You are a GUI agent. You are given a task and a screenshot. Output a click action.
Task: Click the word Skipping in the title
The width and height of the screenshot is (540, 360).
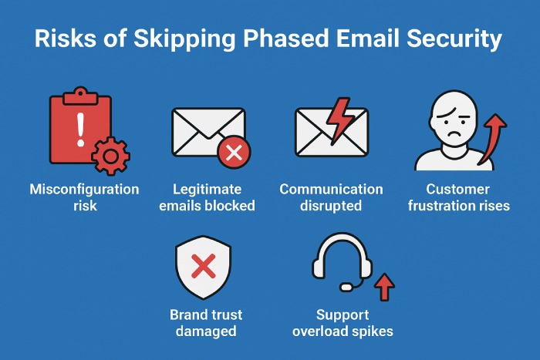click(184, 39)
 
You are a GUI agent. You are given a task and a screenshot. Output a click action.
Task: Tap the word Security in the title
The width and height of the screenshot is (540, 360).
click(454, 39)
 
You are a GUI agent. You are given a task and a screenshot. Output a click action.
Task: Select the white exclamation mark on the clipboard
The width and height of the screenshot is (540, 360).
click(80, 130)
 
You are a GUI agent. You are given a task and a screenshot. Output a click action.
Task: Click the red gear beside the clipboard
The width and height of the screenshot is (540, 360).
click(110, 156)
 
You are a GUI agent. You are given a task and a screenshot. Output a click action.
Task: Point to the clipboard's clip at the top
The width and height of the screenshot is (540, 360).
click(80, 96)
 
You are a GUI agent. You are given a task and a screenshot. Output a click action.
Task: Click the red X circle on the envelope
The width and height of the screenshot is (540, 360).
click(235, 152)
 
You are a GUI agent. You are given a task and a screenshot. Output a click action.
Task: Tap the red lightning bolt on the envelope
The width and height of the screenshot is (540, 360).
click(339, 121)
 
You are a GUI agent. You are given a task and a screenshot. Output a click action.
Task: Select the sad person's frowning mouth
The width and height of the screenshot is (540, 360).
click(455, 133)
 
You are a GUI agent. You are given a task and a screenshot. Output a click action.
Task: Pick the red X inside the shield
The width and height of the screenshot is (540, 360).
click(204, 266)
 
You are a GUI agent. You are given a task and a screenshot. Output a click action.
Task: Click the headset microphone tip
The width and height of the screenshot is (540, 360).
click(346, 286)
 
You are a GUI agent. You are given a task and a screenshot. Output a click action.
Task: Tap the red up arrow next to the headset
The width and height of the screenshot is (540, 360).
click(384, 287)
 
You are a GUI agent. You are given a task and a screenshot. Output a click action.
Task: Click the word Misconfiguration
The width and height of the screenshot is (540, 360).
click(84, 190)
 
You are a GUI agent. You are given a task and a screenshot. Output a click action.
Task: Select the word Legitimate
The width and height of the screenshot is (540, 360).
click(207, 190)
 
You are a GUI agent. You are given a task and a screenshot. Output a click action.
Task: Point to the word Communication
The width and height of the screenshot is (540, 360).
click(331, 190)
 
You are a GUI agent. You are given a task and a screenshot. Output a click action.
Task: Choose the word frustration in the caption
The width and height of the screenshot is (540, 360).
click(437, 206)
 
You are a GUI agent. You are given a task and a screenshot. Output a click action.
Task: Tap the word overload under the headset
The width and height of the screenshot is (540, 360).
click(320, 331)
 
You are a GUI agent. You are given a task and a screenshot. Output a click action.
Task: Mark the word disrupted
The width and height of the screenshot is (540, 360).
click(331, 206)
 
